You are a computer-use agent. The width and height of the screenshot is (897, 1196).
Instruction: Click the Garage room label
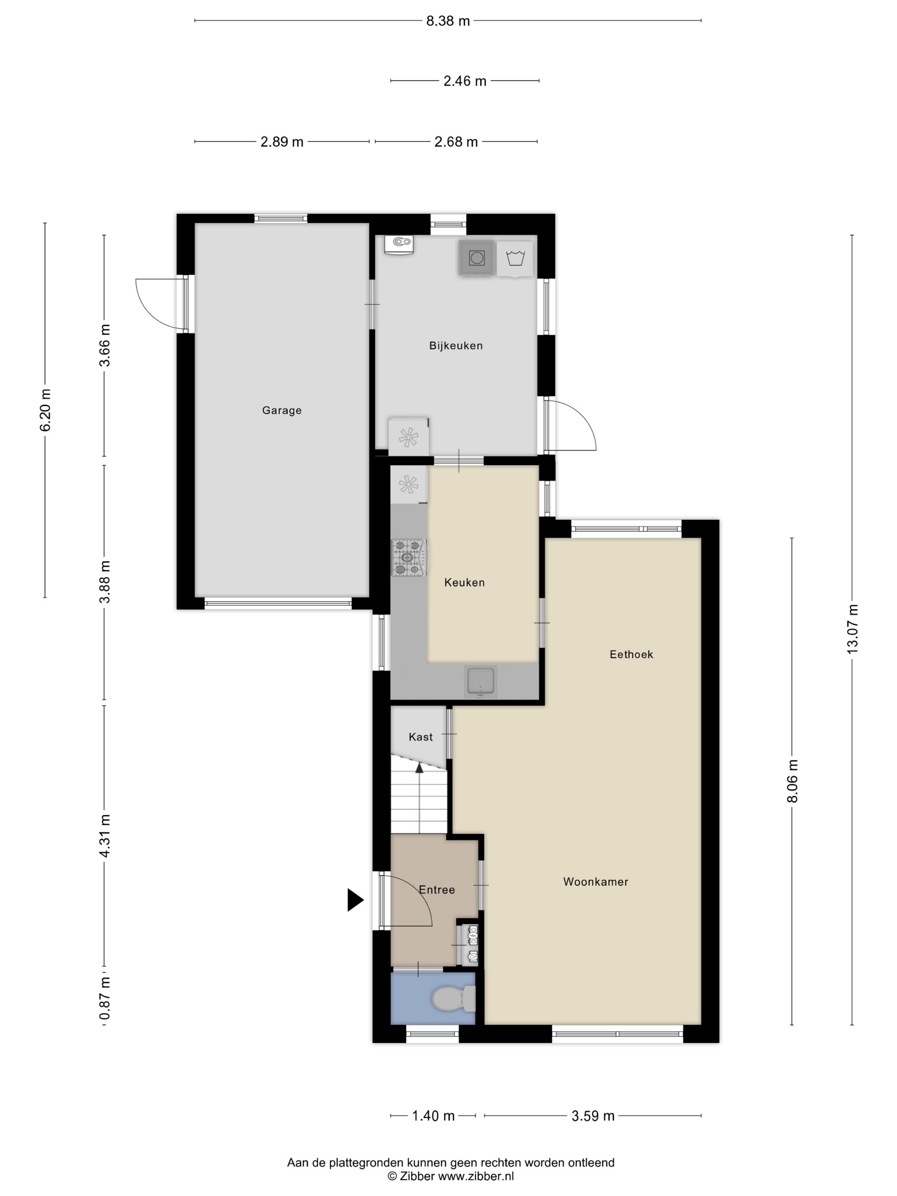pyautogui.click(x=281, y=410)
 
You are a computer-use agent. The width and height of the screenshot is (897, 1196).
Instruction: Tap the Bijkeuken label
pyautogui.click(x=456, y=346)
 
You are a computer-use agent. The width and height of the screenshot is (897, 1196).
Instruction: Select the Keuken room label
pyautogui.click(x=464, y=582)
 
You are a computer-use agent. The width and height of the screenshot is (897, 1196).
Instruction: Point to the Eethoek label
pyautogui.click(x=631, y=654)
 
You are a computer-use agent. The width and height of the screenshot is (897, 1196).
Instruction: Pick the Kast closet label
pyautogui.click(x=421, y=737)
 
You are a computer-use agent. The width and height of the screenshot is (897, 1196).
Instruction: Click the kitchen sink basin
pyautogui.click(x=481, y=681)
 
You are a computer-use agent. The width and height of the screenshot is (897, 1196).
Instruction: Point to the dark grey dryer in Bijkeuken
pyautogui.click(x=477, y=258)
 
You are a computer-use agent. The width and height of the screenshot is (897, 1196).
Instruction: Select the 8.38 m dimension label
pyautogui.click(x=448, y=21)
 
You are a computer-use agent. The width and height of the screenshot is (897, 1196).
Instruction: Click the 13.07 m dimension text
pyautogui.click(x=852, y=629)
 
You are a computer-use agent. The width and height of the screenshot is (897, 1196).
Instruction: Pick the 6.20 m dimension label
pyautogui.click(x=45, y=410)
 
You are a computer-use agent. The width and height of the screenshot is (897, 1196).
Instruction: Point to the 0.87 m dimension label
pyautogui.click(x=104, y=999)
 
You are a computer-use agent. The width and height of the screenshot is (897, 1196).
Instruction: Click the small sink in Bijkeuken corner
pyautogui.click(x=399, y=244)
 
